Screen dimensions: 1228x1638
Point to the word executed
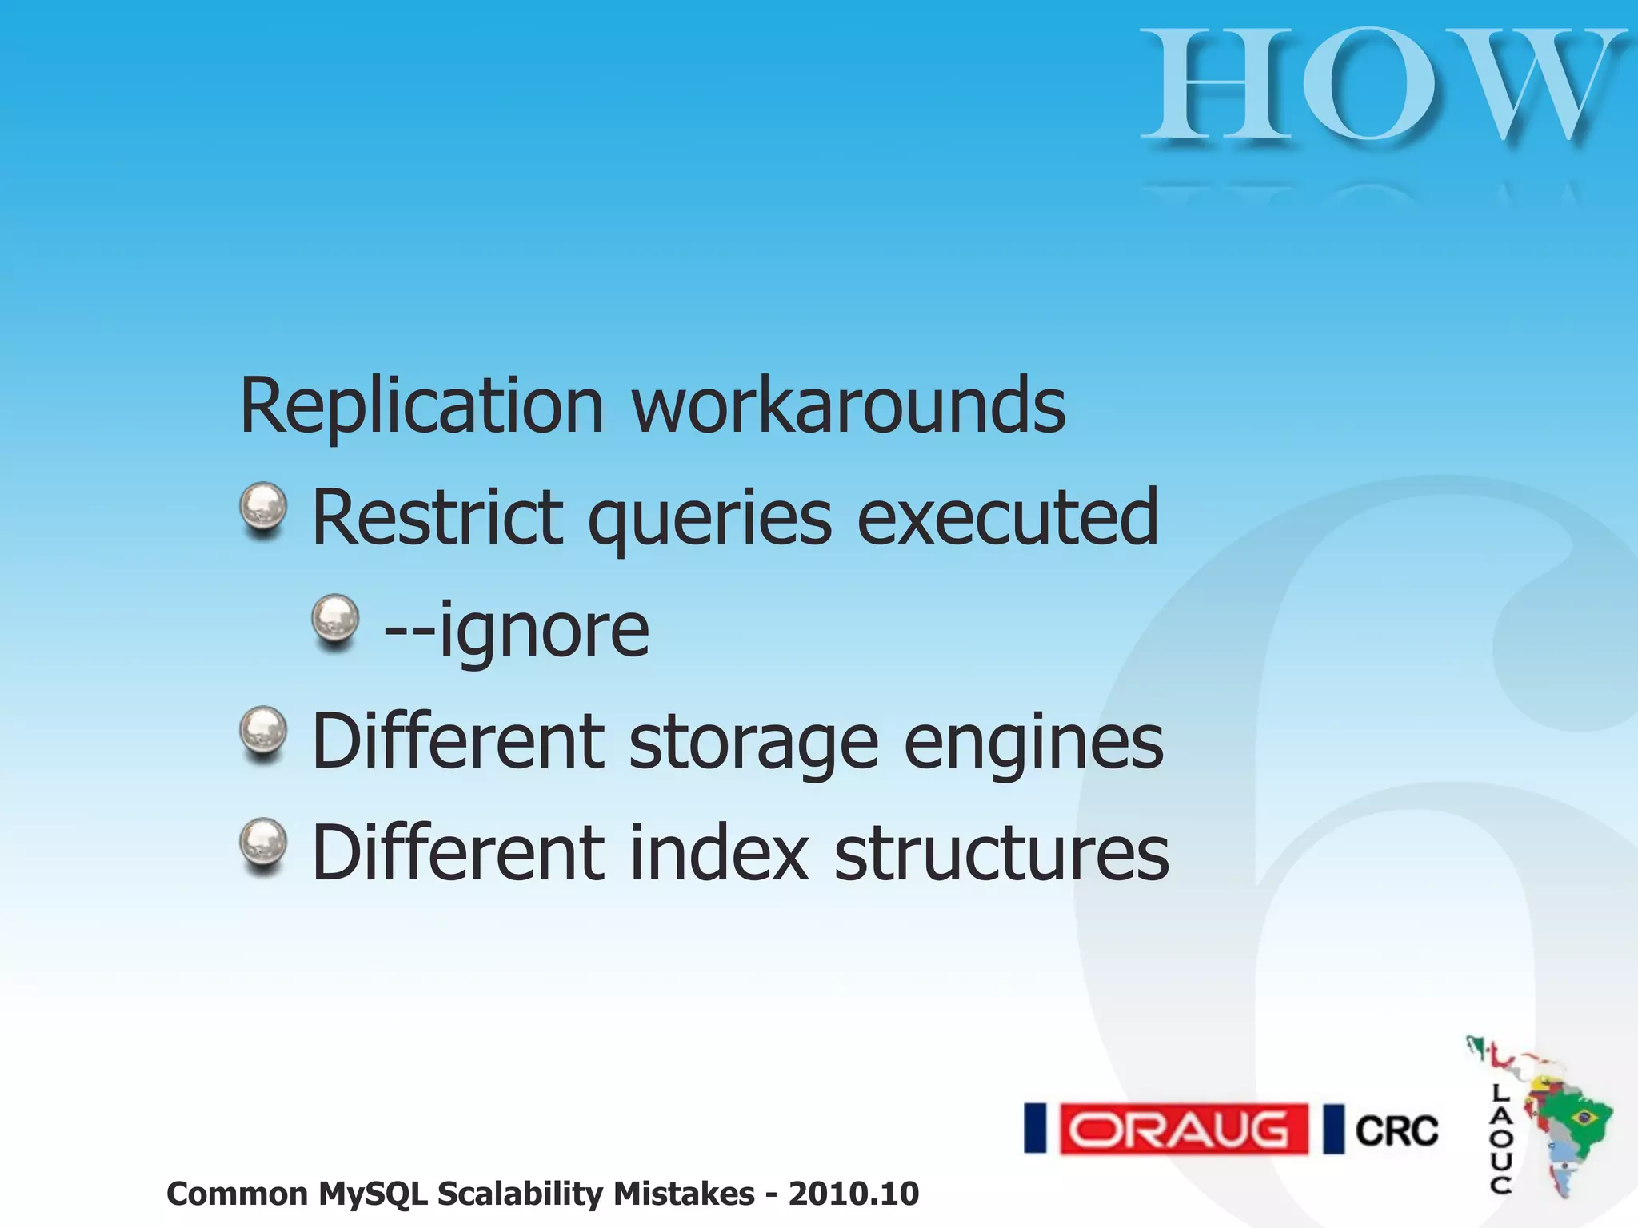1008,518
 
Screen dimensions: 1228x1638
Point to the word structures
1001,854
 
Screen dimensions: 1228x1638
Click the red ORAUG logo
1184,1130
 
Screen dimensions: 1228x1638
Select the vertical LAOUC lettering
1501,1139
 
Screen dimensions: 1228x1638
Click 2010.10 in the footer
853,1194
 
